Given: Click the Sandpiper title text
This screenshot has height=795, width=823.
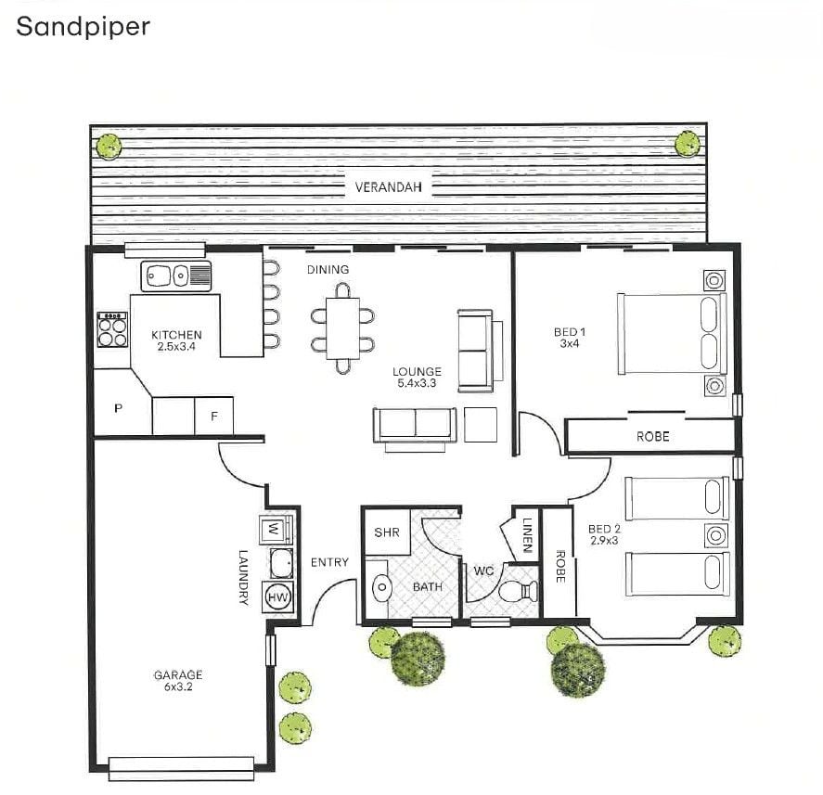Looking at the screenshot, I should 83,26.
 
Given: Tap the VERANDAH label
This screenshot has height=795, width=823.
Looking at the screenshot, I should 389,186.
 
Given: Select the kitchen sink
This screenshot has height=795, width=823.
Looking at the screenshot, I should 175,275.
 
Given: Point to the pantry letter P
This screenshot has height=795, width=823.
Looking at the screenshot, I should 119,408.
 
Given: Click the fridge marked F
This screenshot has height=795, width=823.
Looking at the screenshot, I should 214,417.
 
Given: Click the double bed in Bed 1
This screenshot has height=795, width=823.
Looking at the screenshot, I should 672,334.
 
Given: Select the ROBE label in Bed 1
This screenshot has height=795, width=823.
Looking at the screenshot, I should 652,436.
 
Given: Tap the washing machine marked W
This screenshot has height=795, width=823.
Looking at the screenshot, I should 275,530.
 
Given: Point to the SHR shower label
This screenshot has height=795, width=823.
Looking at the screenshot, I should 386,533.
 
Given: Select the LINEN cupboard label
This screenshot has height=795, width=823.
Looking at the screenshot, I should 526,535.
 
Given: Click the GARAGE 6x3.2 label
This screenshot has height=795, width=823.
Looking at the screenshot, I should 177,681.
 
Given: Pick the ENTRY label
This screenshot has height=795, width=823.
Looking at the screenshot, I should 329,562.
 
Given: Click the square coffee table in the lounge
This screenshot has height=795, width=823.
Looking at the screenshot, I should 481,424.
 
